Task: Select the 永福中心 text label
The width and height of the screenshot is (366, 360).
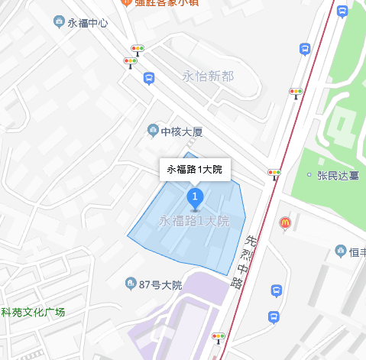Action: (87, 23)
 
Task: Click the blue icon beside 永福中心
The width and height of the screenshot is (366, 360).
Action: (59, 22)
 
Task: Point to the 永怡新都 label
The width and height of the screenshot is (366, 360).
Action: (208, 76)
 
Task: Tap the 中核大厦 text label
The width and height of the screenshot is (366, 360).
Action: (182, 131)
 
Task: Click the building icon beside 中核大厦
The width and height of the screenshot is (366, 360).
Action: (153, 131)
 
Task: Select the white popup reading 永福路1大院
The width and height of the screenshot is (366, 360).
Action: (195, 170)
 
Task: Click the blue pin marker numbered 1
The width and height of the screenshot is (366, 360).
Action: (195, 199)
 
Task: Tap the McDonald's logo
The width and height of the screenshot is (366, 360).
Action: (284, 222)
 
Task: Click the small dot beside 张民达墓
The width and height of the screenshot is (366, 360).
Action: (309, 176)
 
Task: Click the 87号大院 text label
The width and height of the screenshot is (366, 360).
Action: (160, 285)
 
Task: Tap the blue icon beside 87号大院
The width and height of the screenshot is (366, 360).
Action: (131, 284)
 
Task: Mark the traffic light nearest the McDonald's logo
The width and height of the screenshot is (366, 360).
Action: (274, 174)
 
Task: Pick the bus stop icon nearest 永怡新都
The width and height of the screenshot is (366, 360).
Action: (149, 78)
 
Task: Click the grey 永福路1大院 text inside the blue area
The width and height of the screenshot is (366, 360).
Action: (194, 222)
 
